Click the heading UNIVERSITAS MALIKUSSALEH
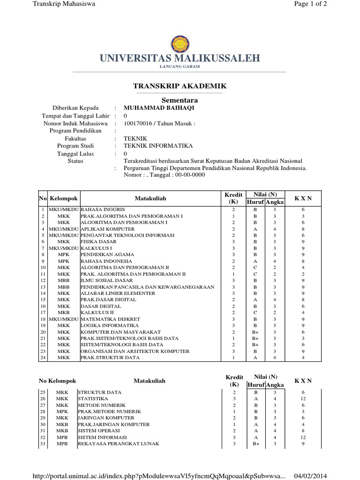(x=179, y=59)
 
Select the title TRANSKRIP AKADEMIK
(x=173, y=86)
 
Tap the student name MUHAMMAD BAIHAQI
(x=152, y=107)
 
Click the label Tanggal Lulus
(x=75, y=154)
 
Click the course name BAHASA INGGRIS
(x=103, y=209)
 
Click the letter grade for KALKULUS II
(x=255, y=312)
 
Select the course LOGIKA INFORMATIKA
(x=110, y=325)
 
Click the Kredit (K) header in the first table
(x=233, y=198)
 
